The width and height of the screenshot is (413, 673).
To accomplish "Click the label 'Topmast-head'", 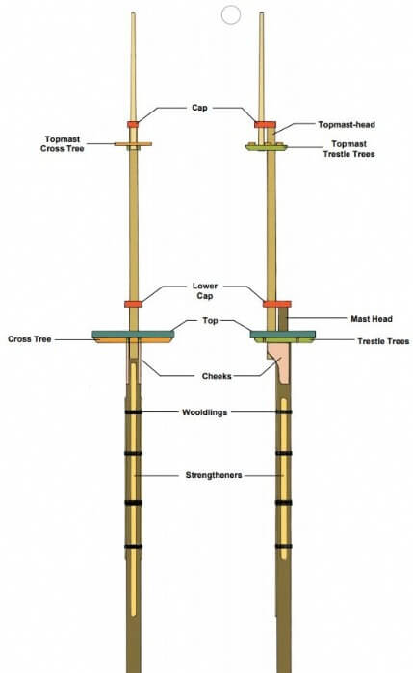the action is point(347,124).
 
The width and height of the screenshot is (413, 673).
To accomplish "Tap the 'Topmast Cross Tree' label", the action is point(63,144).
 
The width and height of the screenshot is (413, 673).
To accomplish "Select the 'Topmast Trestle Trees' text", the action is point(348,149).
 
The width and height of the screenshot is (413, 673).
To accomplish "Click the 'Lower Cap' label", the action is point(205,291).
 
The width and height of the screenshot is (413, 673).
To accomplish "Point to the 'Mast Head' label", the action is point(372,319).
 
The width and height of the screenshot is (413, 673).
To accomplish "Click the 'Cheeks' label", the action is point(217,376).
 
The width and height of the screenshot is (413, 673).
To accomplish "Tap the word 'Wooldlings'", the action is point(204,412).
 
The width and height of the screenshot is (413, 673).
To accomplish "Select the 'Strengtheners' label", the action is point(214,475).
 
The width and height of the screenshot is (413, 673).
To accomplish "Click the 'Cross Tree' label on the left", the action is point(30,339).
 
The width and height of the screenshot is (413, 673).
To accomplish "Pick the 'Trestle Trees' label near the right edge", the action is point(383,341).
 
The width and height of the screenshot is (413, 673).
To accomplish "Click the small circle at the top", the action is point(231,15).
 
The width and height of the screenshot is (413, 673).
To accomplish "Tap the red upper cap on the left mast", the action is point(133,124).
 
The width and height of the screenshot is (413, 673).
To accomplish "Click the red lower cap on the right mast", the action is point(276,304).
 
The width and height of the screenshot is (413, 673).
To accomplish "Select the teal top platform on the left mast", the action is point(133,334).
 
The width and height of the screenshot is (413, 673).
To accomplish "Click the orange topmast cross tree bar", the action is point(133,144).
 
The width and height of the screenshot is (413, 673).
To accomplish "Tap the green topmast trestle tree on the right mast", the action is point(266,147).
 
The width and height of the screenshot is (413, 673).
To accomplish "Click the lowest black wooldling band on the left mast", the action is point(133,547).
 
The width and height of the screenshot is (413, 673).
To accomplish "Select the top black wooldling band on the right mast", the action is point(284,412).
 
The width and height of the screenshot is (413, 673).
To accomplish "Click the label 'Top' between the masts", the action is point(210,320).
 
